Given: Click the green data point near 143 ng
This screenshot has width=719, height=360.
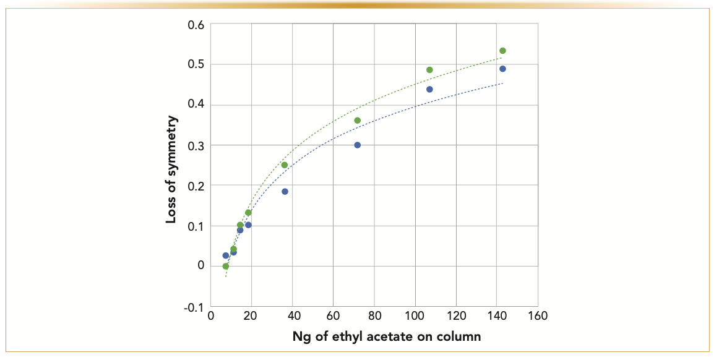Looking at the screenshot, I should tap(502, 51).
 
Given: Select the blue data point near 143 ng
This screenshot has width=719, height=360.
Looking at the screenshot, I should tap(502, 69).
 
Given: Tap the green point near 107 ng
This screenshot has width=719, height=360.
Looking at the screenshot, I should tap(429, 70).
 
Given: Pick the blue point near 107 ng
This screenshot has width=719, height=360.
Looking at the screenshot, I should tap(429, 89).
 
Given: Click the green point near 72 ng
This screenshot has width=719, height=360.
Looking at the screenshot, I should tap(357, 121).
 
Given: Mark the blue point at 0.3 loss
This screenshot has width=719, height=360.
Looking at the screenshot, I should tap(357, 145).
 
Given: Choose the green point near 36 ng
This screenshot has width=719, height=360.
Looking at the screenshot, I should tap(285, 165).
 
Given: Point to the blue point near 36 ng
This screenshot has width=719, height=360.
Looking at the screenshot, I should tap(285, 192).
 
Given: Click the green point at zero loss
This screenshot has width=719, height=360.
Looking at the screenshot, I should tap(226, 266).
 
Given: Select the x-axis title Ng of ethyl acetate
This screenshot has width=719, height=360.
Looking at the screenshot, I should tap(387, 337).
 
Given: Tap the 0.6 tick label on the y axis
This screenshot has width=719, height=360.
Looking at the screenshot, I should tap(196, 25).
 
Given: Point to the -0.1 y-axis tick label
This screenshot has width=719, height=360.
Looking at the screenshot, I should tap(194, 307).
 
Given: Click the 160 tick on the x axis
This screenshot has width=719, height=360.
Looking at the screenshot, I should tap(538, 316).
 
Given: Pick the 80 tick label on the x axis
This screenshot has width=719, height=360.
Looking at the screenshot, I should tap(374, 316).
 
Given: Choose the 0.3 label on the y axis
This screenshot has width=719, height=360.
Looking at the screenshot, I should tap(196, 145).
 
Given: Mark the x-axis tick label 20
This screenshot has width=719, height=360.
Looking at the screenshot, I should tap(251, 316).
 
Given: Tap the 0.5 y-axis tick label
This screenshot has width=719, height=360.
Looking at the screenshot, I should tap(196, 65).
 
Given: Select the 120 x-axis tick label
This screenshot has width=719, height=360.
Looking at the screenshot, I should tap(456, 316).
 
